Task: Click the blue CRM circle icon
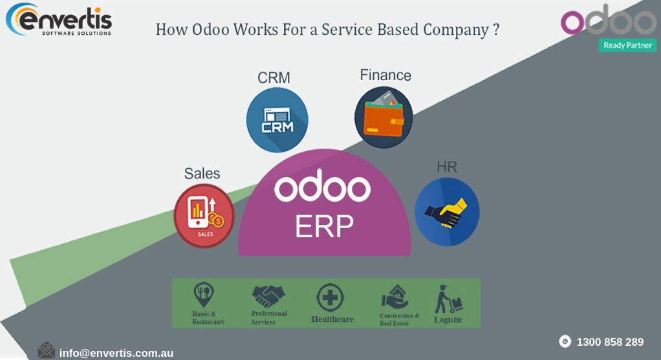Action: click(x=277, y=120)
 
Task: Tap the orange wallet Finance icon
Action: click(x=384, y=118)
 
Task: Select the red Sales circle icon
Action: click(x=204, y=216)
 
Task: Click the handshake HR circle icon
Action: click(x=446, y=212)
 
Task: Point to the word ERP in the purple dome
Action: click(x=324, y=226)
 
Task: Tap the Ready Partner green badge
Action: click(x=627, y=45)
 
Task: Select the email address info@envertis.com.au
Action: click(x=116, y=353)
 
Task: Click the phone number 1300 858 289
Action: click(x=609, y=342)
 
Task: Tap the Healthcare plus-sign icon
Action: click(x=330, y=299)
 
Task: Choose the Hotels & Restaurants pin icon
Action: click(x=204, y=295)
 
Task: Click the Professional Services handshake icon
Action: click(x=268, y=297)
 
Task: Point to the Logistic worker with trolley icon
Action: click(x=448, y=299)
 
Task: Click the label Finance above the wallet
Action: click(x=385, y=76)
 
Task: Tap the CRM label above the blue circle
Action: click(x=274, y=78)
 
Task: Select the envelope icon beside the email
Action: click(x=47, y=350)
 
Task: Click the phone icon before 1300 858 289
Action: click(x=565, y=341)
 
